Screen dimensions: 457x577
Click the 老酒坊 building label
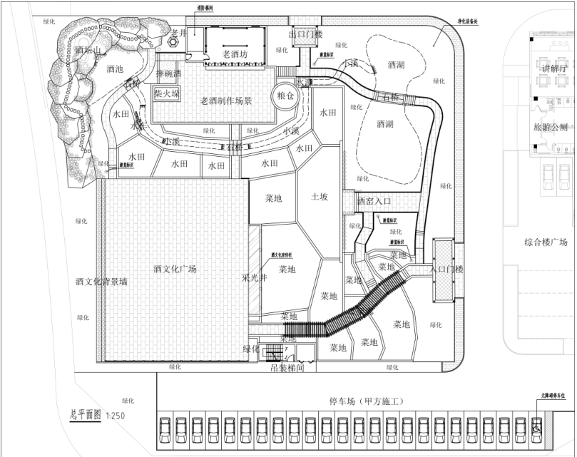[x=235, y=54]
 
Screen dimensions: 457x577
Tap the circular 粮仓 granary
[x=285, y=96]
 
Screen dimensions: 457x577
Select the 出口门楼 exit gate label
[x=305, y=34]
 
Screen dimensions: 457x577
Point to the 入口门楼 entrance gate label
[x=447, y=269]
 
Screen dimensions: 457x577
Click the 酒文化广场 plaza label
[x=175, y=269]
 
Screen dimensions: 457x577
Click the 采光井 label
[x=254, y=278]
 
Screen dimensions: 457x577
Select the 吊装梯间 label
[x=288, y=369]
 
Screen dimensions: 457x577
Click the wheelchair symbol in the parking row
[x=537, y=428]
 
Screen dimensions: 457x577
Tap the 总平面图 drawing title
[x=86, y=414]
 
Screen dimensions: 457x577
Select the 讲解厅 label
[x=553, y=68]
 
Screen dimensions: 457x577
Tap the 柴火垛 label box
[x=167, y=93]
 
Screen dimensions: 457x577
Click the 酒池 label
[x=114, y=69]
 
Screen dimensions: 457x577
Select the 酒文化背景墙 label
[x=101, y=282]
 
